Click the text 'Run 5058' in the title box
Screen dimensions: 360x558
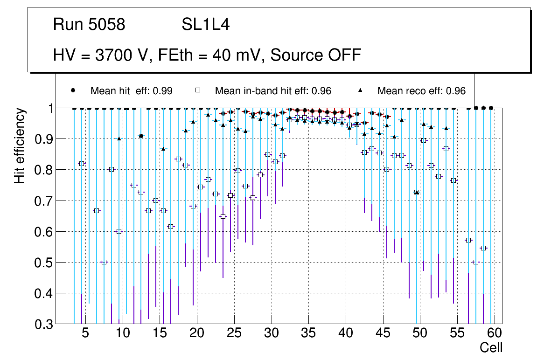[x=89, y=24]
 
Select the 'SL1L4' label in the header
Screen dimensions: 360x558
[x=206, y=24]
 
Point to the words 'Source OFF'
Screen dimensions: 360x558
[x=316, y=55]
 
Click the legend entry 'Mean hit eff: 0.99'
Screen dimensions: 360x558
[x=131, y=91]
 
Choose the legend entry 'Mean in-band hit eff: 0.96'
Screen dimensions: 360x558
[x=273, y=91]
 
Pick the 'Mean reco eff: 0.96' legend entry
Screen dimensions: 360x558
[x=421, y=91]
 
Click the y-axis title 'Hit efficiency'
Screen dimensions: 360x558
[x=20, y=145]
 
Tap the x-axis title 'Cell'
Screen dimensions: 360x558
[x=491, y=347]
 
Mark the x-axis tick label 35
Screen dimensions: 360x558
[x=308, y=334]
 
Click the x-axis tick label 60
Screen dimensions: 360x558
[x=495, y=334]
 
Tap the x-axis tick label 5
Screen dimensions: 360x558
[x=85, y=334]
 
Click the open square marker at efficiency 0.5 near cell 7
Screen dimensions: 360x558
[x=104, y=262]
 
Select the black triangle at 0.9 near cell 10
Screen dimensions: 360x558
[x=119, y=138]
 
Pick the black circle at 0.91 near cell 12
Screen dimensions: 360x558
[x=141, y=136]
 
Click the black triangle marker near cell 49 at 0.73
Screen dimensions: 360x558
[x=417, y=192]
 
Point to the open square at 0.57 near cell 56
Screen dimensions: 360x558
[x=468, y=240]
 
